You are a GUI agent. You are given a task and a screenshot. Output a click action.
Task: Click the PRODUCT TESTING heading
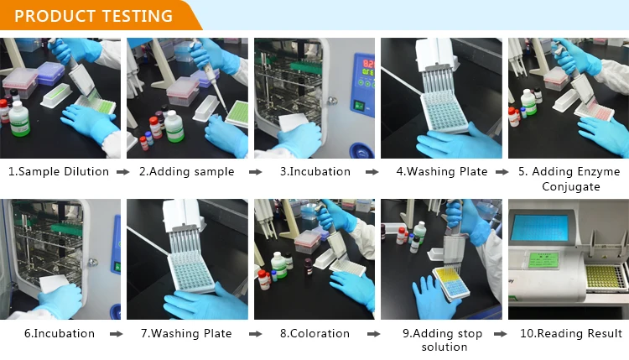93,16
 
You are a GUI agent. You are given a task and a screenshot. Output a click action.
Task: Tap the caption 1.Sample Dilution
59,171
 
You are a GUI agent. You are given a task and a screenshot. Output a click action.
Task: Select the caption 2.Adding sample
186,171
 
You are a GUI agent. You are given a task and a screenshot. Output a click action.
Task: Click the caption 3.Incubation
314,171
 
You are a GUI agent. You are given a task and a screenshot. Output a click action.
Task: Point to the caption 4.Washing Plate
442,171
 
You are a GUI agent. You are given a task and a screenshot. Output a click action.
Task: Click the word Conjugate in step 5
571,186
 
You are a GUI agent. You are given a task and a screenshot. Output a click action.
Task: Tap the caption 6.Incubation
60,333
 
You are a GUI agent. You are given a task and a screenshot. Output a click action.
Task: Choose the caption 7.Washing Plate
186,333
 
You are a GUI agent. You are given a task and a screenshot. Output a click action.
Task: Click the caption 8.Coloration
314,333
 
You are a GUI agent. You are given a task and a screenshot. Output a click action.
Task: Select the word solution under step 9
444,347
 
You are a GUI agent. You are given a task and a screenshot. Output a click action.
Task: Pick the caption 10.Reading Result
571,333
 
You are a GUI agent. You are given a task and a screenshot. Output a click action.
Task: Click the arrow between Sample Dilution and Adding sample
123,172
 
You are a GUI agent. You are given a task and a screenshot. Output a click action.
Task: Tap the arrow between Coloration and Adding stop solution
373,334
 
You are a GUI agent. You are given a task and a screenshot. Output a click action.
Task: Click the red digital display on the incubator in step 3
368,64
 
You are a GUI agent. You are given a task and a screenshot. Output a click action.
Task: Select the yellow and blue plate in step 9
451,283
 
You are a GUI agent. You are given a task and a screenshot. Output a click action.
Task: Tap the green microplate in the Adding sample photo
237,112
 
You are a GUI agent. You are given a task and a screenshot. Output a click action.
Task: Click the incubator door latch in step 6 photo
93,263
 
